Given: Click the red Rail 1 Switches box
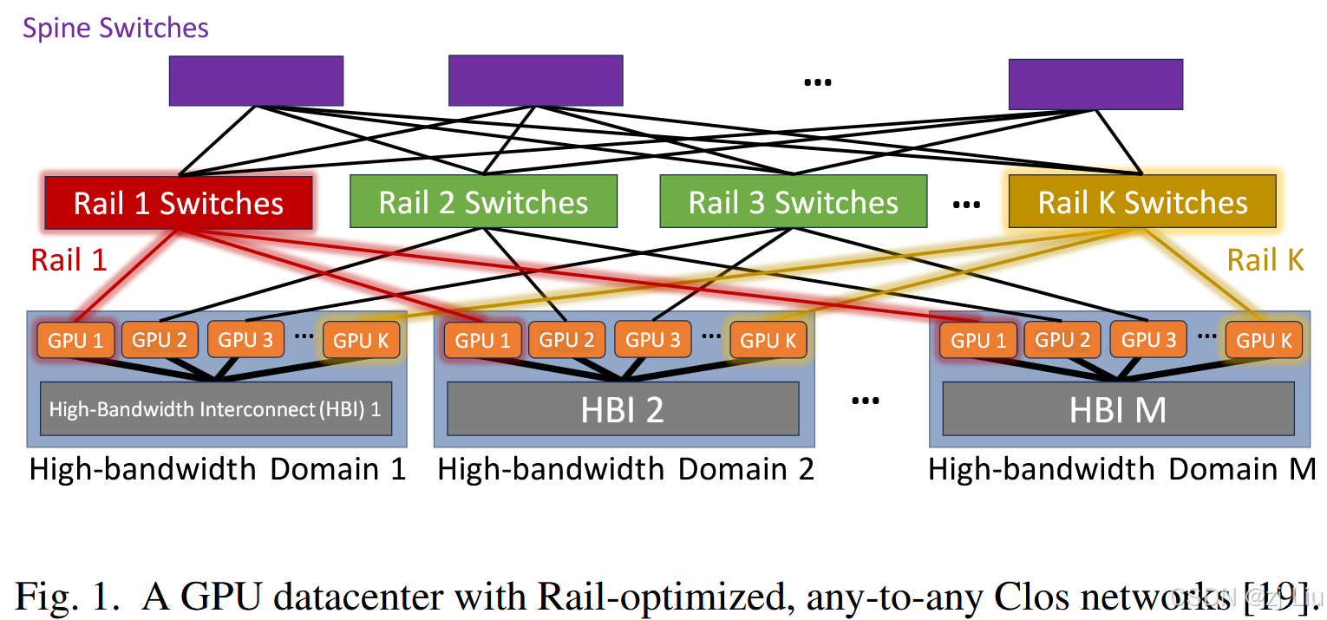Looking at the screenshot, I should (178, 203).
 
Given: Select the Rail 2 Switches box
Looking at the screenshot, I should (483, 203).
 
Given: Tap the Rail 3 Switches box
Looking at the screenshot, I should (793, 203).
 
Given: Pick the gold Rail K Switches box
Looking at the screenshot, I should (1142, 203).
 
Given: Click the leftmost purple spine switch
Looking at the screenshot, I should (256, 81).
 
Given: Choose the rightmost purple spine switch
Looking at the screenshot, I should (1095, 84).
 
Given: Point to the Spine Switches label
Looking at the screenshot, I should (115, 28).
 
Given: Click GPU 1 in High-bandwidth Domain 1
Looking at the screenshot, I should (75, 340).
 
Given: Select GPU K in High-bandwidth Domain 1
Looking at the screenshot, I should (362, 340).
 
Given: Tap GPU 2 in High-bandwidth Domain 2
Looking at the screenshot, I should (566, 340).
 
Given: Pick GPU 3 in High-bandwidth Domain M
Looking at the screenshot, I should (1148, 340).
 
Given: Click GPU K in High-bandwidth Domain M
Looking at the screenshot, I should (1264, 340).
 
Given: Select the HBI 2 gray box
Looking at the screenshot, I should (623, 408).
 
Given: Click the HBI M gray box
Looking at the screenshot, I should (1117, 408).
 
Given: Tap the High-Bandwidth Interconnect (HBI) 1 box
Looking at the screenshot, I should (215, 408).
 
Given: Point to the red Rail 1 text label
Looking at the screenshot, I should (69, 259).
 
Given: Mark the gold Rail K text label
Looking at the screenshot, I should (1265, 259).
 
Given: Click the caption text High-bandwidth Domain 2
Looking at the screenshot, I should (625, 469).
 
